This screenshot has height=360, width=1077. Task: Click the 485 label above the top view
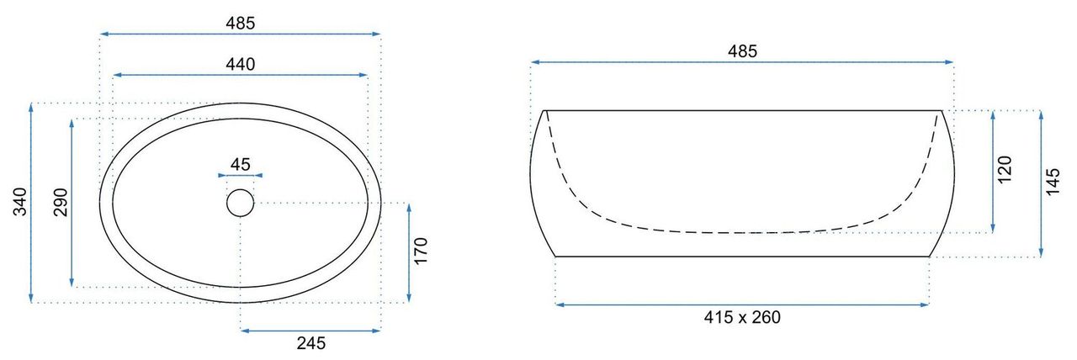coord(241,23)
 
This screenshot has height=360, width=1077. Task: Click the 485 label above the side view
coord(742,51)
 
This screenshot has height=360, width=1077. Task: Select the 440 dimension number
coord(241,64)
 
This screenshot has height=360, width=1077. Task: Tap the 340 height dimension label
coord(19,202)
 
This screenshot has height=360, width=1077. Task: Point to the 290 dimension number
coord(61,202)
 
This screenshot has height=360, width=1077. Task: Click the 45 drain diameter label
coord(241,164)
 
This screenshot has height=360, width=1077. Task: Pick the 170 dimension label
coord(421,251)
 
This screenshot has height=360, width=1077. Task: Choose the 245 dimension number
coord(311,343)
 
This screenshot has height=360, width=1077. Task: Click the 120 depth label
coord(1005,169)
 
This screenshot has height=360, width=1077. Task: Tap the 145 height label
coord(1053,182)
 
